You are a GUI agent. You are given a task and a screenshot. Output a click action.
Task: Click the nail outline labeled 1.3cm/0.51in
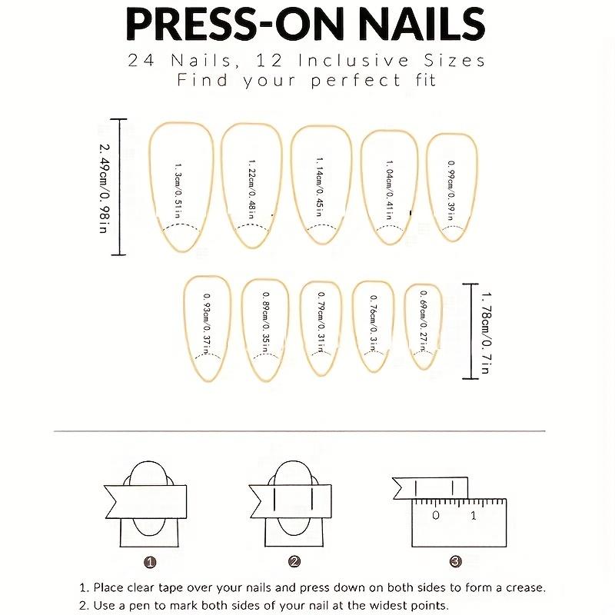(x=179, y=185)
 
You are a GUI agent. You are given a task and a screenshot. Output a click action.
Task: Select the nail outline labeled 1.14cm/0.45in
(x=319, y=185)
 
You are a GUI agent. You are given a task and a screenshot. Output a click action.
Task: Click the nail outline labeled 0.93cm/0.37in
(x=207, y=327)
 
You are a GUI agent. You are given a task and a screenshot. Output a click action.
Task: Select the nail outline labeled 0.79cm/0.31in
(x=321, y=327)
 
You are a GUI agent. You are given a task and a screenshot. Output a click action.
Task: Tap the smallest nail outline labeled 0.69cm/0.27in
(x=423, y=326)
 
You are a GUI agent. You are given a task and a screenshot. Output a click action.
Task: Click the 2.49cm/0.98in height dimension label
(x=104, y=187)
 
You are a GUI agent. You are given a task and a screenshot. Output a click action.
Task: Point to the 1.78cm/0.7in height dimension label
(x=486, y=331)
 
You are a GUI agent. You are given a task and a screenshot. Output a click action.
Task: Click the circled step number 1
(x=151, y=562)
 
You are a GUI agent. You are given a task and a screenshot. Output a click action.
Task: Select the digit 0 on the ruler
(x=436, y=515)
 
